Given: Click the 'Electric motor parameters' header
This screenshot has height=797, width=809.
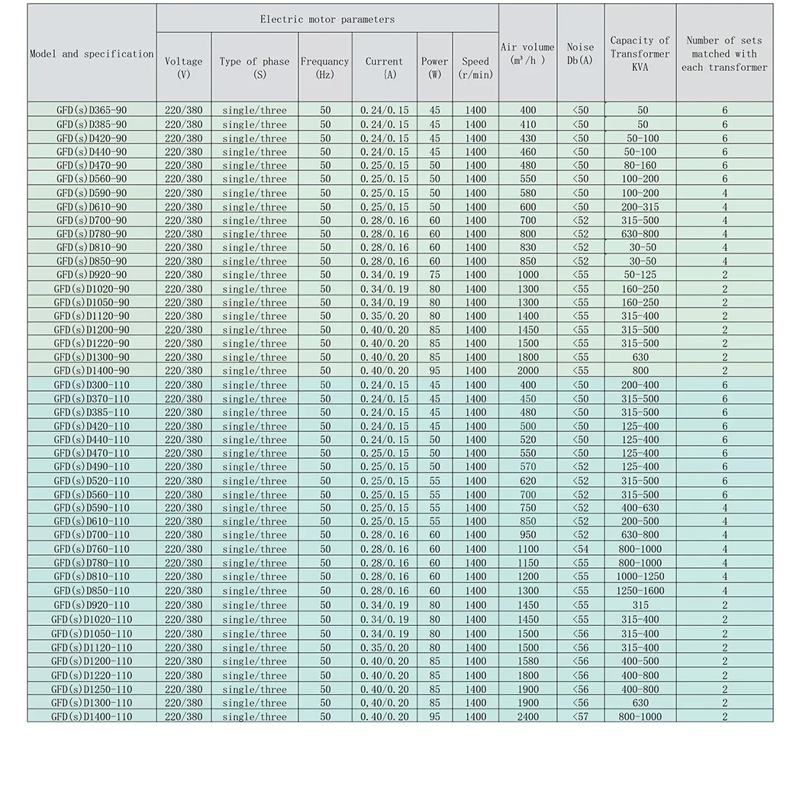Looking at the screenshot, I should point(327,19).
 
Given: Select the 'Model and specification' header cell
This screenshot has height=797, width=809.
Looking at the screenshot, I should point(92,54).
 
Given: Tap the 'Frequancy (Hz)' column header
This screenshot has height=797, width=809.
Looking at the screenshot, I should point(325,68).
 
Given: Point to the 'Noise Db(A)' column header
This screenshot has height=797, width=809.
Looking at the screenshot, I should point(580,53).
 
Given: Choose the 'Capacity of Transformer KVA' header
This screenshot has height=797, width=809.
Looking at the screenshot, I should point(640,53).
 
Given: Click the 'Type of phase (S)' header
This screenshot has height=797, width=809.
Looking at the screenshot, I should point(254,68).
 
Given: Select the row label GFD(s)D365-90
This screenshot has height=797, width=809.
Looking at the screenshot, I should point(92,110).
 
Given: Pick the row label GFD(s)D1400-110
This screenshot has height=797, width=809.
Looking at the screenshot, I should point(92,716).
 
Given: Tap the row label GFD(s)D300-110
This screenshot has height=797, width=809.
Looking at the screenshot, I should point(92,385).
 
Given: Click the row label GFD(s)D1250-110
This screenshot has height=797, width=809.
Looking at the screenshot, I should point(92,689).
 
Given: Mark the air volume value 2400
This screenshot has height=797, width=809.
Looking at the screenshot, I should point(528,716).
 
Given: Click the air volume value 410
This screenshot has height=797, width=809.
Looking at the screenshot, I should point(528,124).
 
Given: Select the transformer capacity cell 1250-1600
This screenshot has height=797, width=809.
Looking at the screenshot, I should point(640,590).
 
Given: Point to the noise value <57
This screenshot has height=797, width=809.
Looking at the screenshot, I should point(580,716).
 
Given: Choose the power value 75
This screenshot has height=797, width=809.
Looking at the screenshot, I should point(434,275).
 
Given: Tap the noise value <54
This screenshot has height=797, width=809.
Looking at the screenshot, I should point(580,549).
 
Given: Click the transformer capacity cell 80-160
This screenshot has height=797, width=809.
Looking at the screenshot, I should point(640,165).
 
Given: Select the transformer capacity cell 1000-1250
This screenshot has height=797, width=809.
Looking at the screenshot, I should point(640,576).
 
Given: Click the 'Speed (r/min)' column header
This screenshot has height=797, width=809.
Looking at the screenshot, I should point(475,68).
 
